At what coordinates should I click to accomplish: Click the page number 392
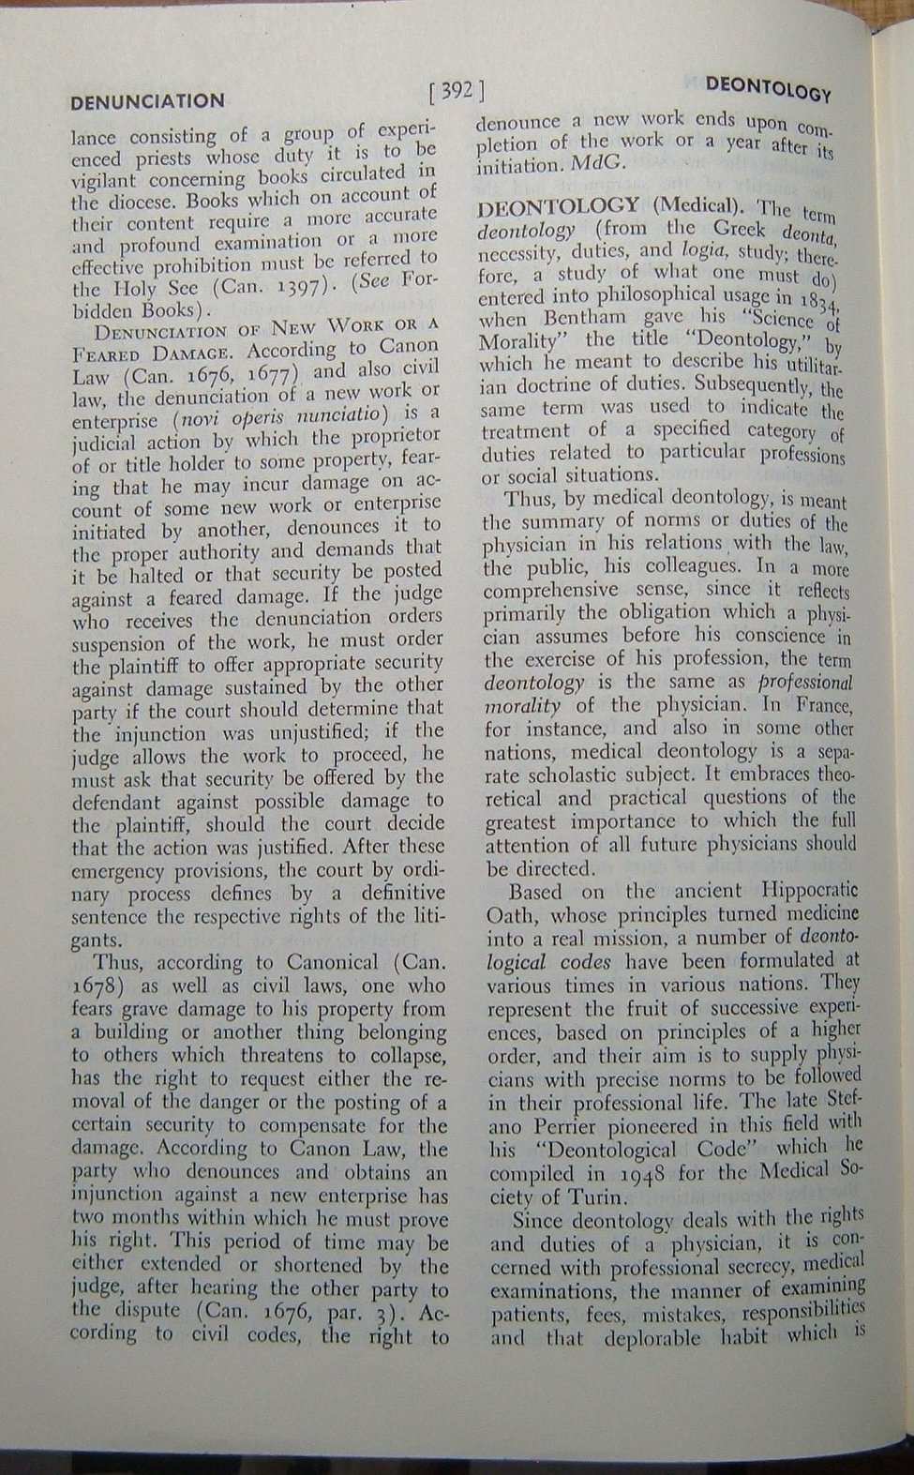click(x=457, y=92)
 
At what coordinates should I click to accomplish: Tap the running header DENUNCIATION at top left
click(x=147, y=100)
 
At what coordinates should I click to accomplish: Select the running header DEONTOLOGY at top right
click(x=768, y=88)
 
